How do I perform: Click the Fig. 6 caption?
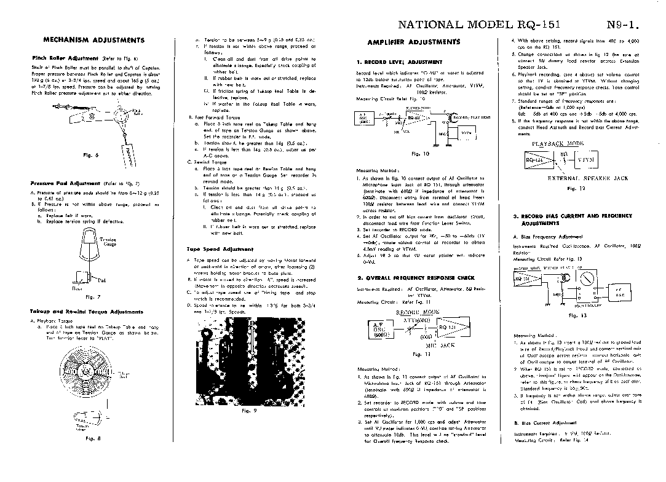(x=87, y=155)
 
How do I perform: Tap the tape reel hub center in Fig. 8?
(x=85, y=373)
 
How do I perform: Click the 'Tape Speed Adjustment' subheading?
(x=220, y=249)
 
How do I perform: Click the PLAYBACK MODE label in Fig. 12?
(x=557, y=143)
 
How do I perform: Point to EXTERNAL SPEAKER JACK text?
(x=588, y=178)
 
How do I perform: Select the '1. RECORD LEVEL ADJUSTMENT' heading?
(x=400, y=62)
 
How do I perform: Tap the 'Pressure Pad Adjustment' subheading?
(x=65, y=183)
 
